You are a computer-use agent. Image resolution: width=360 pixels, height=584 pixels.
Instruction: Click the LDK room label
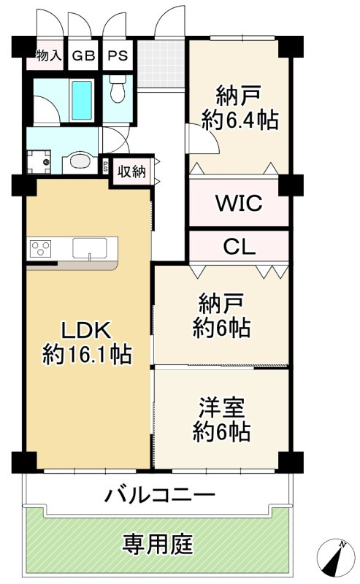(x=86, y=330)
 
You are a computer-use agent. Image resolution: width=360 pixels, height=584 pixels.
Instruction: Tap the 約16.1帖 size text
(x=87, y=354)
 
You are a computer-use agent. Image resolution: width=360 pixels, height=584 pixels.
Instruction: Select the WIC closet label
(x=239, y=203)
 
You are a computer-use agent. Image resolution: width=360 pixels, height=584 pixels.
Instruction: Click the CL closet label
(x=239, y=246)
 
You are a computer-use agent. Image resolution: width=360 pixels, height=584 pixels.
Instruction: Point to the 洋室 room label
(x=221, y=407)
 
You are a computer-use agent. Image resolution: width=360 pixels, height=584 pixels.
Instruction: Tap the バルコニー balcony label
(x=160, y=496)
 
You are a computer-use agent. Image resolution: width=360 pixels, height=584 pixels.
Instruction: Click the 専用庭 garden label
(x=158, y=545)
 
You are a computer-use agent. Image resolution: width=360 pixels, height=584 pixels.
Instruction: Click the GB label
(x=83, y=55)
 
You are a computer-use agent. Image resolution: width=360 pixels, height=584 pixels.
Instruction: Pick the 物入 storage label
(x=48, y=55)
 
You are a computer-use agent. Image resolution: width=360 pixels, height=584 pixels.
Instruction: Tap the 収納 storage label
(x=131, y=172)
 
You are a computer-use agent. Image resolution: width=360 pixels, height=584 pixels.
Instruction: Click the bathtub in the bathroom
(x=82, y=100)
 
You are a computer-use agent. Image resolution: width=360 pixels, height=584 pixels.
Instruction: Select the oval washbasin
(x=80, y=161)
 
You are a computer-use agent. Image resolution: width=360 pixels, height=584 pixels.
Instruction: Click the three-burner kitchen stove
(x=40, y=249)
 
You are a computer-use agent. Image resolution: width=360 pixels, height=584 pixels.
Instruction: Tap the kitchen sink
(x=89, y=248)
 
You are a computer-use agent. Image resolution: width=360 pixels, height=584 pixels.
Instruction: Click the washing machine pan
(x=39, y=161)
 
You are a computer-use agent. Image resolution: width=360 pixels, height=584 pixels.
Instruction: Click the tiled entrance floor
(x=161, y=64)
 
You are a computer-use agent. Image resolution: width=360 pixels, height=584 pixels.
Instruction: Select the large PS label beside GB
(x=118, y=55)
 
